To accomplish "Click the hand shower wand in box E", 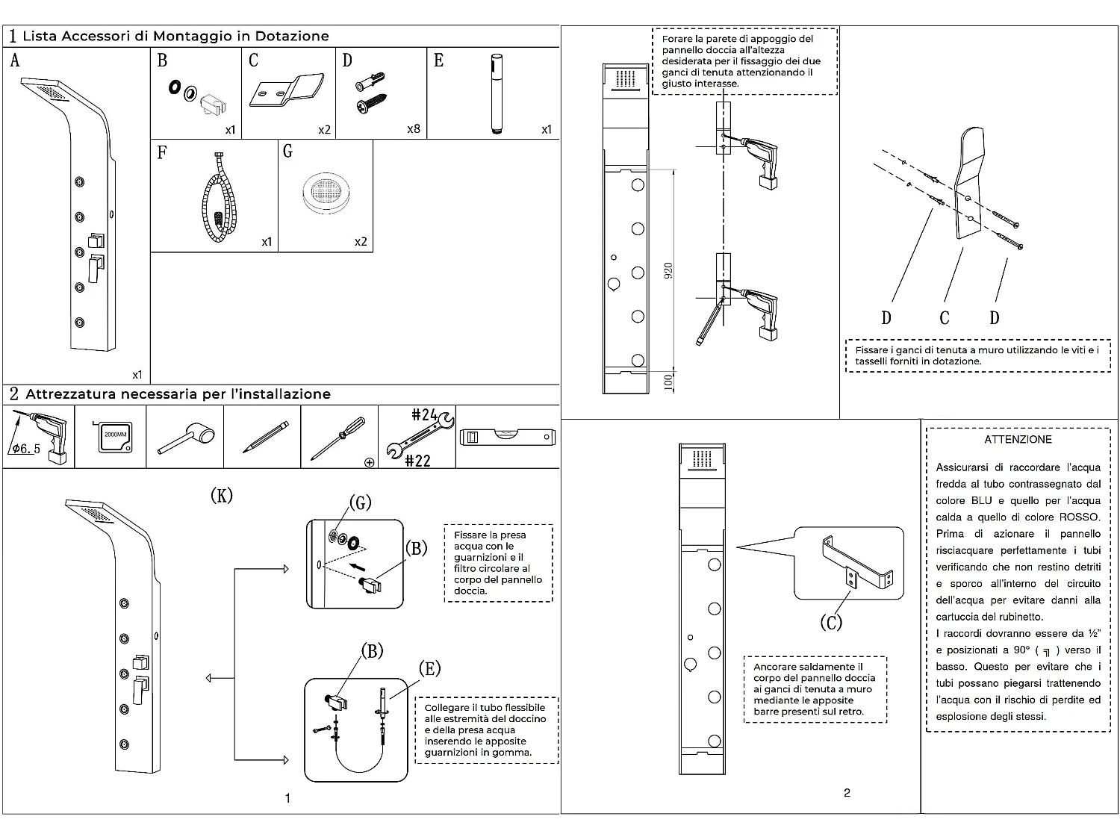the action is coord(497,94).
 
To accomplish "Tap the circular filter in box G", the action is coord(326,193).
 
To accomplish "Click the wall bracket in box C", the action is coord(286,90).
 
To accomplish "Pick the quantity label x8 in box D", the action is coord(414,129).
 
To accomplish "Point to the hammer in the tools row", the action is coord(186,437).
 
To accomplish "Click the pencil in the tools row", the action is coord(266,437).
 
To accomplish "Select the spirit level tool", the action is coord(507,437).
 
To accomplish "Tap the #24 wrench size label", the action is coord(424,414).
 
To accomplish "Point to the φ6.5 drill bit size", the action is coord(25,449).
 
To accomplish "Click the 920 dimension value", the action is coord(668,270).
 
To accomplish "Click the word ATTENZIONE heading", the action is coord(1018,440).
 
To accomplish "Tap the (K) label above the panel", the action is coord(222,495).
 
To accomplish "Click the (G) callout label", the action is coord(360,503).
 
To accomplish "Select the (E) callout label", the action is coord(429,668).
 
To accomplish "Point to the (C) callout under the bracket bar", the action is coord(831,623).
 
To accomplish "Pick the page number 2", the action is coord(847,793).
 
